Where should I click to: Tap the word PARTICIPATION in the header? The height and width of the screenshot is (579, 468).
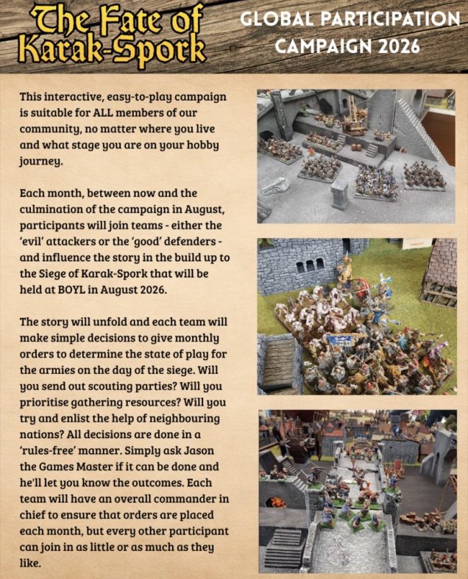click(394, 19)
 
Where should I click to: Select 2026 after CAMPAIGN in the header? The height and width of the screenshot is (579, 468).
click(397, 46)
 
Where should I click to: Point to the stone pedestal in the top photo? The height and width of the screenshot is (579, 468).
click(339, 194)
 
